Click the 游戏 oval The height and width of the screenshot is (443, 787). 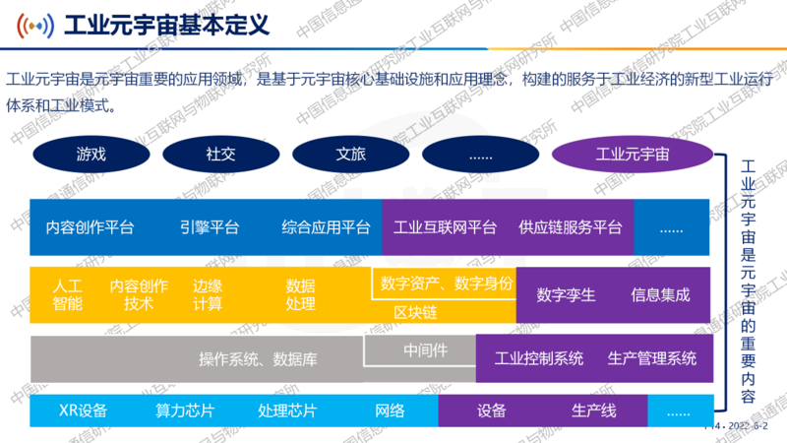click(91, 155)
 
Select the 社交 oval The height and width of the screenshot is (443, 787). click(220, 155)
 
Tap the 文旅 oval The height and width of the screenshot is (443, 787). click(350, 155)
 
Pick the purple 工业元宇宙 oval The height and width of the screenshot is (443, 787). click(633, 155)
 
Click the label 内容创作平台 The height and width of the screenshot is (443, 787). click(90, 227)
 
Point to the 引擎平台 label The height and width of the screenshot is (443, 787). click(209, 227)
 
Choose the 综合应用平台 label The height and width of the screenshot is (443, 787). click(326, 227)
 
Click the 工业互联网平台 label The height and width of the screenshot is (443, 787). click(445, 227)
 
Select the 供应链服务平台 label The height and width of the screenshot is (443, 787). click(571, 227)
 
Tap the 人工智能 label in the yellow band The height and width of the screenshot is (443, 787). click(68, 294)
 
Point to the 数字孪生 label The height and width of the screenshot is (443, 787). click(566, 294)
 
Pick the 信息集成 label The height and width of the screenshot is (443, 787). click(660, 294)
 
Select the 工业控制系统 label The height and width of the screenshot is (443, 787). click(538, 357)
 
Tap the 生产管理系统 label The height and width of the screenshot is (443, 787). click(651, 357)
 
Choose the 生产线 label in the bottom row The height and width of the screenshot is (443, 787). click(594, 411)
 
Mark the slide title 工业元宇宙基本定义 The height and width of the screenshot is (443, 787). click(165, 24)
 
